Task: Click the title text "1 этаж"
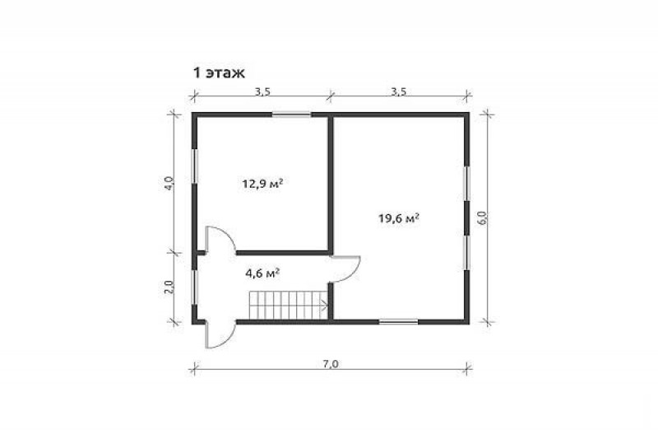click(x=218, y=73)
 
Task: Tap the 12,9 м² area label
click(x=262, y=184)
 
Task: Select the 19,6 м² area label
click(x=399, y=218)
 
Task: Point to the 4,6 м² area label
click(x=262, y=273)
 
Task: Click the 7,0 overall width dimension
click(x=331, y=364)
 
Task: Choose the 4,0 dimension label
click(x=169, y=184)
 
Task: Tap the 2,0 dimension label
click(x=169, y=287)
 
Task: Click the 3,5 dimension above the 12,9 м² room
click(x=262, y=91)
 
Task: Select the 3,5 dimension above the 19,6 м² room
click(x=399, y=91)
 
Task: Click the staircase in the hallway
click(x=289, y=305)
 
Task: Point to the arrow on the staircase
click(x=323, y=305)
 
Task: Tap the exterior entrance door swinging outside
click(x=220, y=334)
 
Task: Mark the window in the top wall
click(x=291, y=114)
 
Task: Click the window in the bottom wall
click(x=399, y=322)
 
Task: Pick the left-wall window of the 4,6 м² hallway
click(x=194, y=287)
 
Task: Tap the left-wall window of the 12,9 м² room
click(x=194, y=166)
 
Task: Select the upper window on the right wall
click(x=466, y=184)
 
